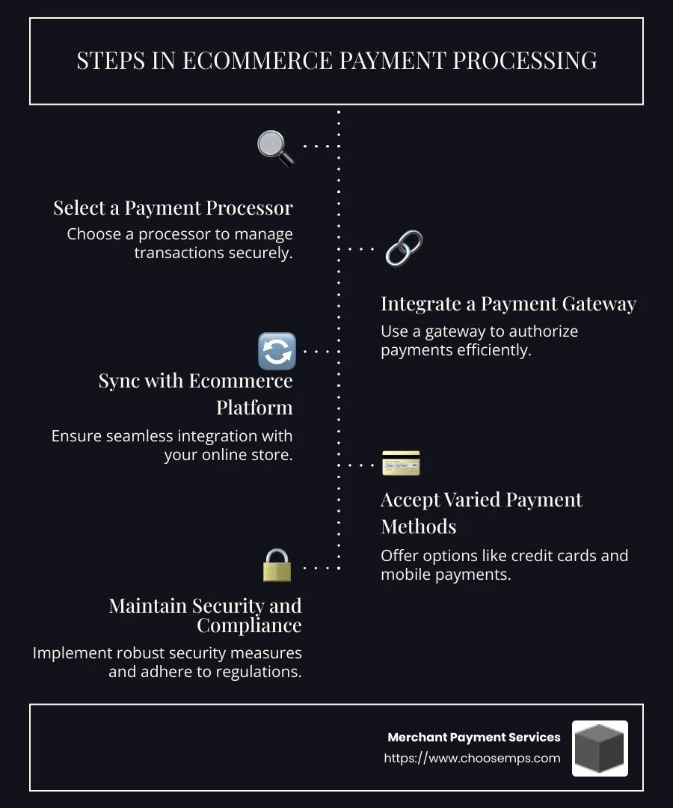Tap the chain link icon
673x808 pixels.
(404, 248)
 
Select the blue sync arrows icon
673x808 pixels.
(277, 351)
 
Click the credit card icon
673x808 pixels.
(401, 464)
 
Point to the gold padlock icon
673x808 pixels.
(277, 566)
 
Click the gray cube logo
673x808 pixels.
(600, 748)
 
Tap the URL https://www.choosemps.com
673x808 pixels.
(472, 758)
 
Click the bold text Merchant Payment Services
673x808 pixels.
(473, 737)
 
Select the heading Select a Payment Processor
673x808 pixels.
(173, 208)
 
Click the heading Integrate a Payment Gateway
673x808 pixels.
(508, 304)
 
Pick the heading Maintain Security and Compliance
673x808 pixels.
(205, 615)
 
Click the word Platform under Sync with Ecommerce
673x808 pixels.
(254, 408)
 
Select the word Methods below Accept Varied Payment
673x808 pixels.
(418, 527)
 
